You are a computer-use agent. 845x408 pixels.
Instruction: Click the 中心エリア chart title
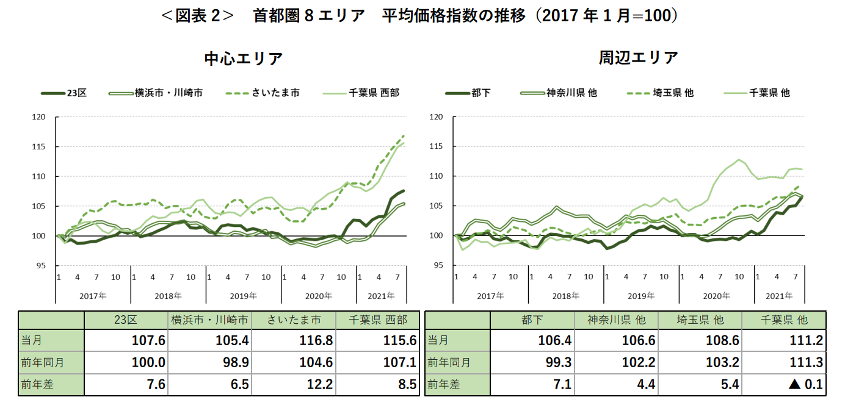(x=244, y=59)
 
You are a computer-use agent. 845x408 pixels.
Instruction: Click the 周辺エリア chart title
(x=638, y=58)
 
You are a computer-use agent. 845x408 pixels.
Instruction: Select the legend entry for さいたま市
(x=263, y=93)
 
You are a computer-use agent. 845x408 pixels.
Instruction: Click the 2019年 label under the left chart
(x=243, y=296)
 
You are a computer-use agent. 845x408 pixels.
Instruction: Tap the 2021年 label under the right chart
(x=774, y=296)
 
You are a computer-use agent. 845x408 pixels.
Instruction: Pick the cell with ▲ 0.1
(x=805, y=384)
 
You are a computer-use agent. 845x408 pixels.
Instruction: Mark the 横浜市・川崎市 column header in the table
(x=209, y=320)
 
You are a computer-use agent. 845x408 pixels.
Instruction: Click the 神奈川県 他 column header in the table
(x=617, y=320)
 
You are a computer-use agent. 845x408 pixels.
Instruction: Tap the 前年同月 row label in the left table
(x=42, y=362)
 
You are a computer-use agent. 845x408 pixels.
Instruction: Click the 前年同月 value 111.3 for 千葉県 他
(x=807, y=362)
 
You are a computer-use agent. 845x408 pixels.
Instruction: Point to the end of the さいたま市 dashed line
(x=404, y=135)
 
